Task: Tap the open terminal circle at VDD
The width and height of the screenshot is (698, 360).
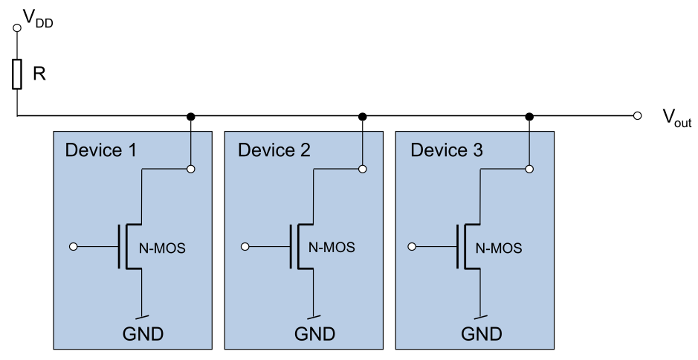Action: [x=16, y=28]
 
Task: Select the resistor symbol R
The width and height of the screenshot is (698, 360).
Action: [x=16, y=75]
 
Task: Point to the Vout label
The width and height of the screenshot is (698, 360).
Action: [x=676, y=118]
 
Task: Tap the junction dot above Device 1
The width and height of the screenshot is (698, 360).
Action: [x=191, y=116]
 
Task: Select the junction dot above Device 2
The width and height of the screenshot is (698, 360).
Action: [x=363, y=116]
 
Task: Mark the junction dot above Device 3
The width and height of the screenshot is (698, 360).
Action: [x=529, y=116]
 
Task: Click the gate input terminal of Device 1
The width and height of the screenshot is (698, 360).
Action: [x=73, y=246]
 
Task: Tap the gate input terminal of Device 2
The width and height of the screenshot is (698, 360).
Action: [x=245, y=246]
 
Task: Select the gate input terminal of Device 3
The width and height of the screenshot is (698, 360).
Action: [x=414, y=246]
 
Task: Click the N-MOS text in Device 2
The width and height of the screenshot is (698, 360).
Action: [x=332, y=248]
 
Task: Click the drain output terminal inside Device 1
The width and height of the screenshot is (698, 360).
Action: [x=191, y=169]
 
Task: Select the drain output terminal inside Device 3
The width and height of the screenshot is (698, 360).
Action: [x=529, y=169]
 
